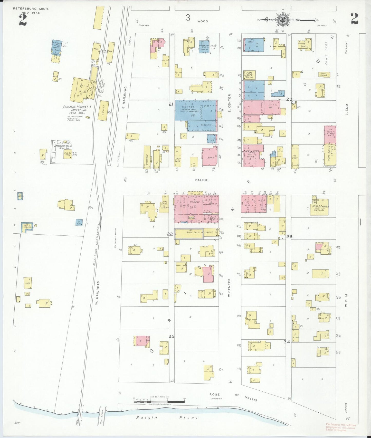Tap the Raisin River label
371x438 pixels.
click(167, 418)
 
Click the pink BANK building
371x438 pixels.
click(210, 157)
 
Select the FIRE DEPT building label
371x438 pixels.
click(249, 74)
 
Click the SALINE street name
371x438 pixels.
click(202, 180)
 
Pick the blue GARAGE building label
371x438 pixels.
click(188, 107)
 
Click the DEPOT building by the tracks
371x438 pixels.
click(103, 111)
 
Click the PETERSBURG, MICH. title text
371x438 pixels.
click(31, 8)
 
